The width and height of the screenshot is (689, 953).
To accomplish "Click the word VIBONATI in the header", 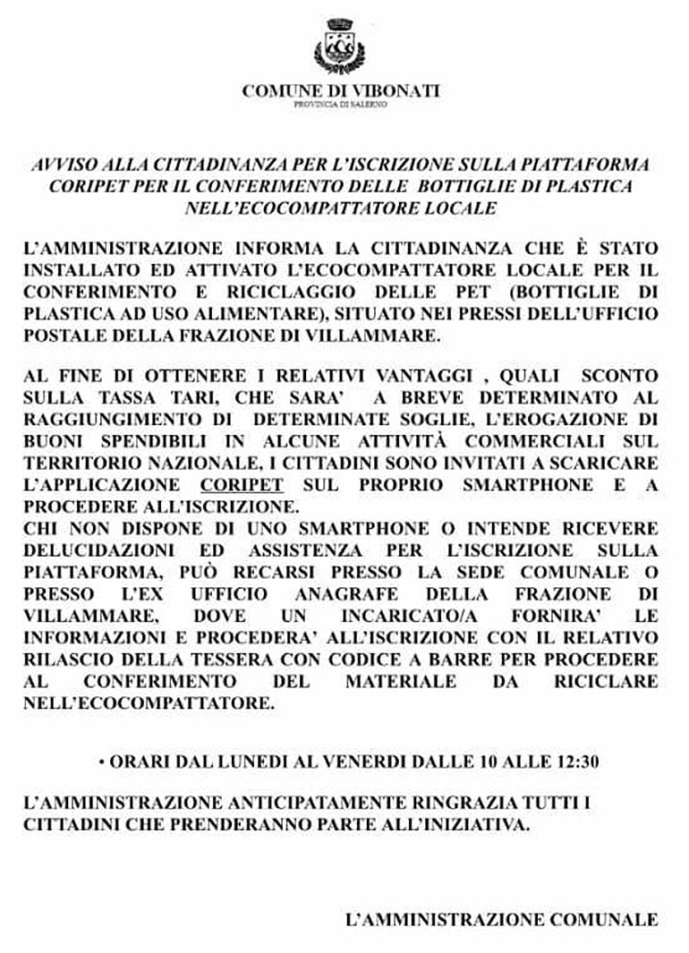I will coord(398,90).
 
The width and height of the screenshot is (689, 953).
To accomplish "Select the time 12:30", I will coord(575,762).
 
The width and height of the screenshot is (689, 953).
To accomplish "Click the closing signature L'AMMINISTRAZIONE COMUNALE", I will coord(501,919).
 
